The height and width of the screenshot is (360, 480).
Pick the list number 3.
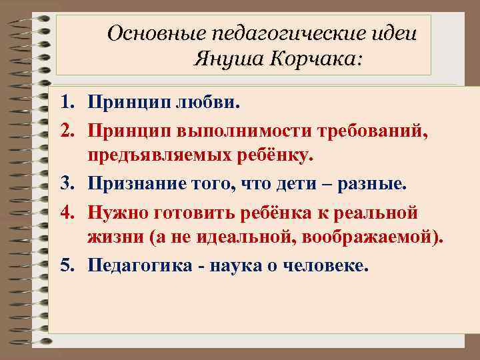coord(65,184)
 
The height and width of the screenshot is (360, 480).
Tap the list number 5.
coord(65,266)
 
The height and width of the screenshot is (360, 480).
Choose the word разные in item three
coord(373,184)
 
